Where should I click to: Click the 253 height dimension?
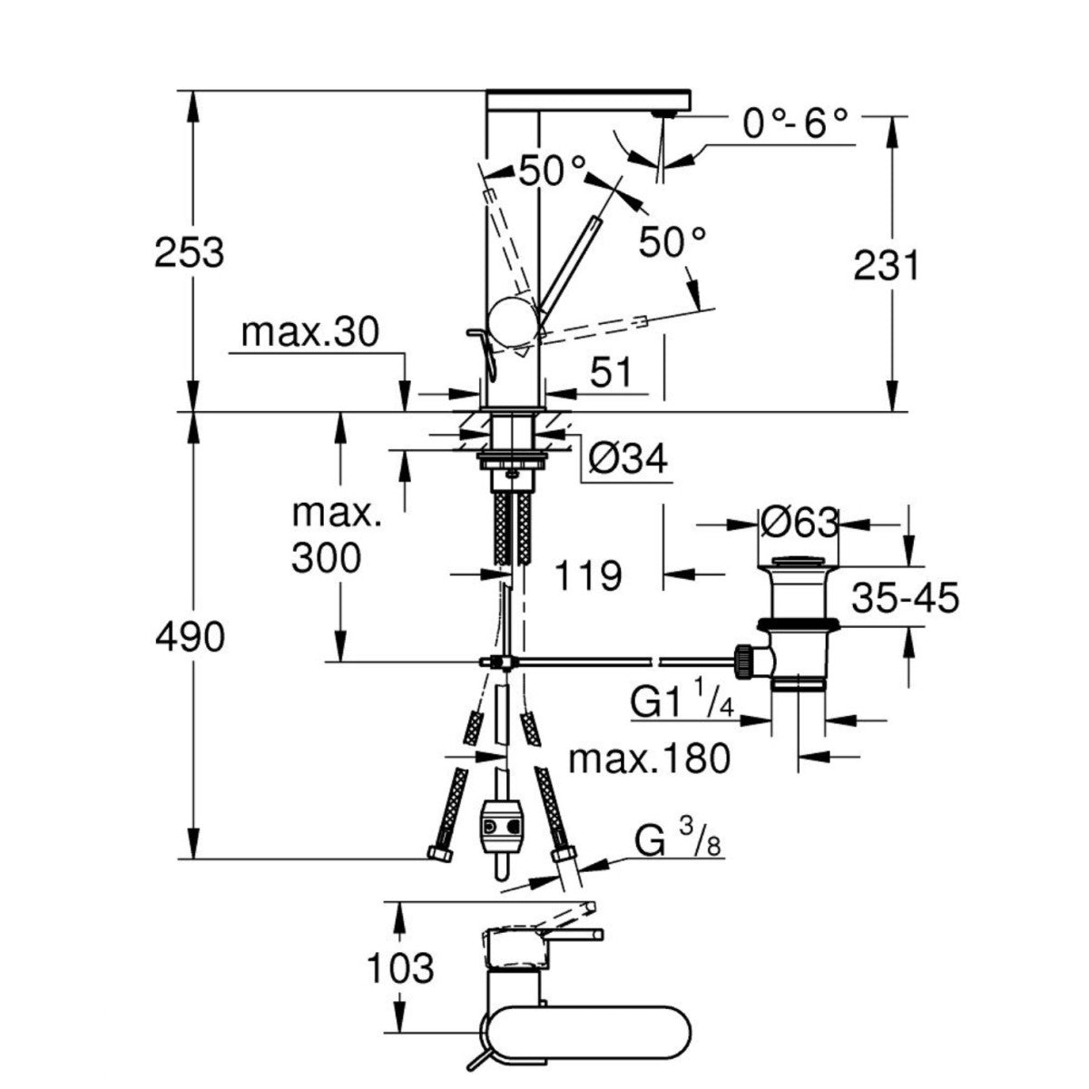[189, 252]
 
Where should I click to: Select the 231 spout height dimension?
[886, 266]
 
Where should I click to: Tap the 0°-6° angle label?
[795, 124]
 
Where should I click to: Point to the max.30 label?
[309, 334]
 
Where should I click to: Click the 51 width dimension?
[610, 372]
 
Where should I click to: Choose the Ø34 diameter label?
[627, 460]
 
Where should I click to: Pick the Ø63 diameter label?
[798, 522]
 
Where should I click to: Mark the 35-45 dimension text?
[905, 599]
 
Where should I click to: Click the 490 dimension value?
[189, 638]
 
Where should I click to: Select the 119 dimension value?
[587, 574]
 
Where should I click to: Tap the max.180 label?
[649, 759]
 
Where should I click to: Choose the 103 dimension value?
[400, 969]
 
